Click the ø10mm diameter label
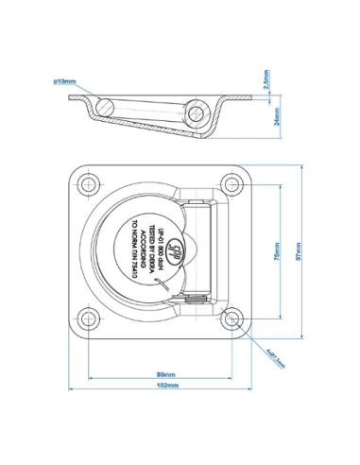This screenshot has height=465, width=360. (64, 82)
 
